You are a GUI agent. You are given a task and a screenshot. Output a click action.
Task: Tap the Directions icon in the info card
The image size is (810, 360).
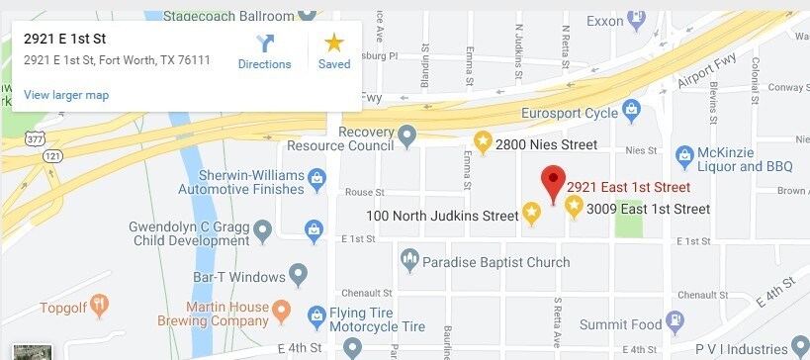264,44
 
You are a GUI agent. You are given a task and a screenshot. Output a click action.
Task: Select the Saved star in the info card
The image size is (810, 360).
334,44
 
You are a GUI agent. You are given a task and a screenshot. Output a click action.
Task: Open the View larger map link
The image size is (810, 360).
66,95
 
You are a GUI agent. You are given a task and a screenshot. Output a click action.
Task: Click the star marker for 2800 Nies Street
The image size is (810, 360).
483,143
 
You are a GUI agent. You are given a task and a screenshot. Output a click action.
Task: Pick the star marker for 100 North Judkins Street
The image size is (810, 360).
531,214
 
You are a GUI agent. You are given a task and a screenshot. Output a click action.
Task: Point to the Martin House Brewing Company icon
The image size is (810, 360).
282,313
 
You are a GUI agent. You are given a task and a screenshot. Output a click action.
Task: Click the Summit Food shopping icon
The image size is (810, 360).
675,320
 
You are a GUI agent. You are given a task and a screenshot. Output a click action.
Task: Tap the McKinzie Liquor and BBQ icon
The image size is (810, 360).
683,155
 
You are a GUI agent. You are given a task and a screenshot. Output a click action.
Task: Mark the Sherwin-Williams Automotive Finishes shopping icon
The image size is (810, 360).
316,179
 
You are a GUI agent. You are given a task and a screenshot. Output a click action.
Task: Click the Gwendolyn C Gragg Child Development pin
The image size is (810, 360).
262,231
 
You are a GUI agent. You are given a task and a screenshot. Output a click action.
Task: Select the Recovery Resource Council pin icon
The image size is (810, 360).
406,134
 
